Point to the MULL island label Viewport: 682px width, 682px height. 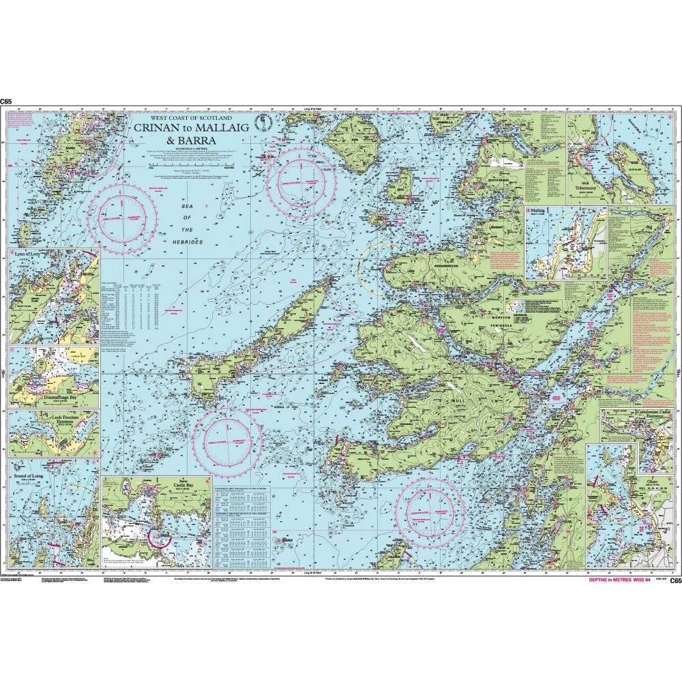coord(467,382)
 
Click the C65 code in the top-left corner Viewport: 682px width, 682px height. coord(6,102)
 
